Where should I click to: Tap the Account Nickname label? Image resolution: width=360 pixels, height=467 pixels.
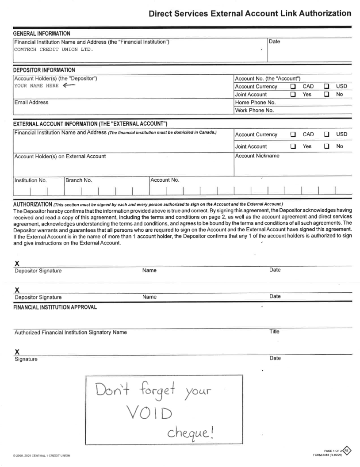pyautogui.click(x=258, y=156)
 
